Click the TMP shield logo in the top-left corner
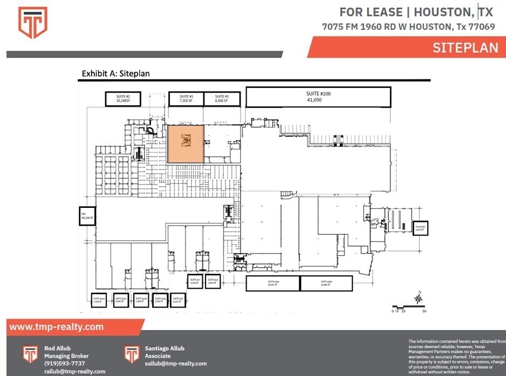33,23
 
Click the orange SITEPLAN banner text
465,47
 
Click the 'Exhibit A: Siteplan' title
115,73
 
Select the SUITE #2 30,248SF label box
123,98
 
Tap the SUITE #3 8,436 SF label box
221,98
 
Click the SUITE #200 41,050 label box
318,97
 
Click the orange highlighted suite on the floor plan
185,143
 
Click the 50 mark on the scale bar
424,311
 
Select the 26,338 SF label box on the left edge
87,216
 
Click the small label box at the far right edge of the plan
420,228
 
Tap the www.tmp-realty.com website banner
57,327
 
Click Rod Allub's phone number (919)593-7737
64,364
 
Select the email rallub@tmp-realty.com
74,371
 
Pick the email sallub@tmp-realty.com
176,364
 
